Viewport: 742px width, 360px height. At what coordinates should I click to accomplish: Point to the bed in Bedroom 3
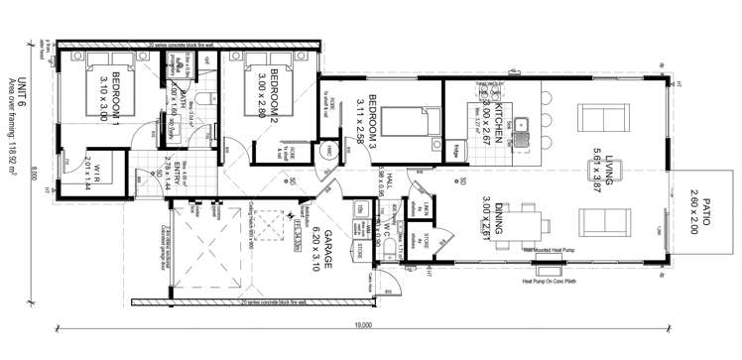(x=403, y=123)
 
